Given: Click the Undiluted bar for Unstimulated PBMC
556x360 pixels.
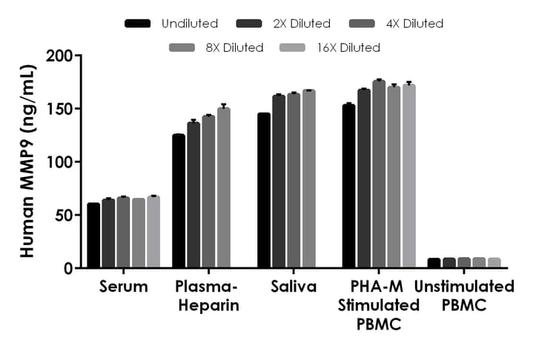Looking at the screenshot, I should pyautogui.click(x=434, y=263).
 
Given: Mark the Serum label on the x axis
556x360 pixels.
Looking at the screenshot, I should pyautogui.click(x=124, y=287).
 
